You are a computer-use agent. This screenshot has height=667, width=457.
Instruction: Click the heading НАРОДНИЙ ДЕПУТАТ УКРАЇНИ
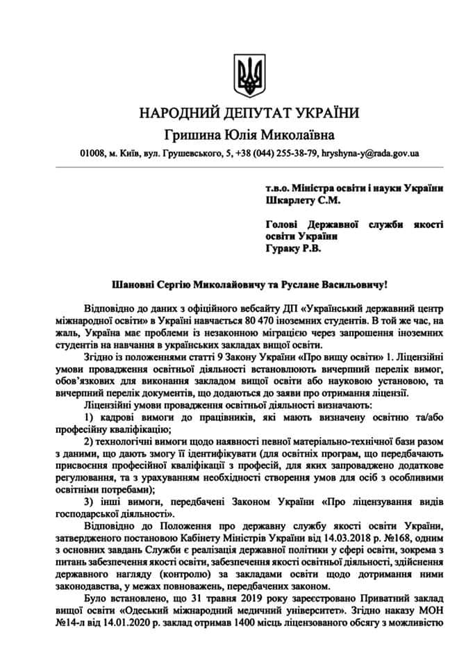click(x=248, y=113)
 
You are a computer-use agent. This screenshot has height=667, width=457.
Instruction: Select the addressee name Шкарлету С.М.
click(x=302, y=201)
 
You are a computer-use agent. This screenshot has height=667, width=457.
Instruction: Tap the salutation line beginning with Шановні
click(x=248, y=285)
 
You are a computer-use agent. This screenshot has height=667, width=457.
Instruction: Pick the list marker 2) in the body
click(x=88, y=442)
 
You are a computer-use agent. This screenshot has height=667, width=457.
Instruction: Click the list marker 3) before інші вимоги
click(x=88, y=503)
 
